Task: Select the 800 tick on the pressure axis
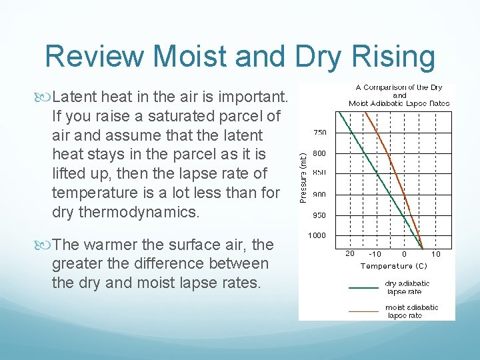[321, 153]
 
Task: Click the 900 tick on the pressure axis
[321, 195]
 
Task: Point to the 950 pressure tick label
[321, 215]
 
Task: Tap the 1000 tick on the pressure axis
[317, 235]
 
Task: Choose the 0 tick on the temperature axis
[404, 254]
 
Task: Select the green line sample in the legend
[363, 288]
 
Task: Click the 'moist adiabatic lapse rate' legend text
[411, 311]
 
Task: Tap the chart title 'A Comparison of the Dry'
[399, 88]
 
